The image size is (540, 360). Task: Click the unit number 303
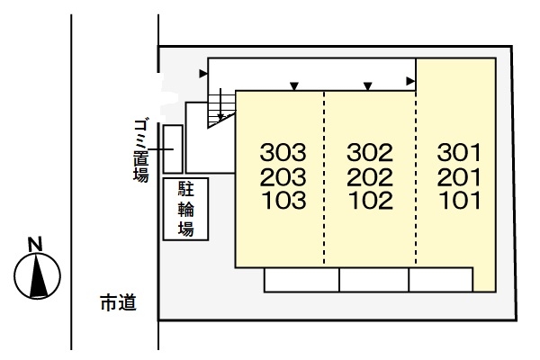(283, 150)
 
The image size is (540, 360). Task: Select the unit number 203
(283, 175)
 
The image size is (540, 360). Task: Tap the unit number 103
(283, 199)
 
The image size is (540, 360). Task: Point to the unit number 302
(370, 150)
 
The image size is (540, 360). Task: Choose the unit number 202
(370, 175)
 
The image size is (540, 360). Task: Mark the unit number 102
(370, 199)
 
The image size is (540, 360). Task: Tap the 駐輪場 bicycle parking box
(185, 210)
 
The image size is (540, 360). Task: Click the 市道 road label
(118, 304)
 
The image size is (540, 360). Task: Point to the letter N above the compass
(35, 243)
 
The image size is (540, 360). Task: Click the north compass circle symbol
(38, 275)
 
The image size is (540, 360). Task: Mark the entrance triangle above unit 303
(294, 86)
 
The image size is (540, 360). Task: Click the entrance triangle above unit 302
(367, 86)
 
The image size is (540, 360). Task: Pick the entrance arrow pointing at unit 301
(410, 82)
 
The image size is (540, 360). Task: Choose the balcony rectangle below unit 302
(373, 280)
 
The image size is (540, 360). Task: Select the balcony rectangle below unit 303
(301, 280)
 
